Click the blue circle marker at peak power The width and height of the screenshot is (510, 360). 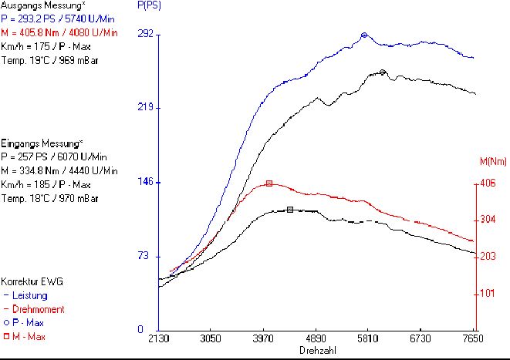pos(364,35)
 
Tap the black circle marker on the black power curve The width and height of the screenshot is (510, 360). pos(383,72)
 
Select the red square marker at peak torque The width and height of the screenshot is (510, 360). pos(269,183)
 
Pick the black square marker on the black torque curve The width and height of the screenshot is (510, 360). pos(289,210)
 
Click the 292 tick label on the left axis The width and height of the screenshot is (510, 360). pos(145,34)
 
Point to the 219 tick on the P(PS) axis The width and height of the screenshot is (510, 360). pos(145,108)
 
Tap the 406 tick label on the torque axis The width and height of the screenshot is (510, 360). pos(488,183)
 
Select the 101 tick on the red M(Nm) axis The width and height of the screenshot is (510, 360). pos(488,294)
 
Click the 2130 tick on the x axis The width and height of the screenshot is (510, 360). pos(158,338)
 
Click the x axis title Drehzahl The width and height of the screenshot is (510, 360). pos(316,350)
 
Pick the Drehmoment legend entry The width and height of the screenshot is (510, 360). pos(35,309)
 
